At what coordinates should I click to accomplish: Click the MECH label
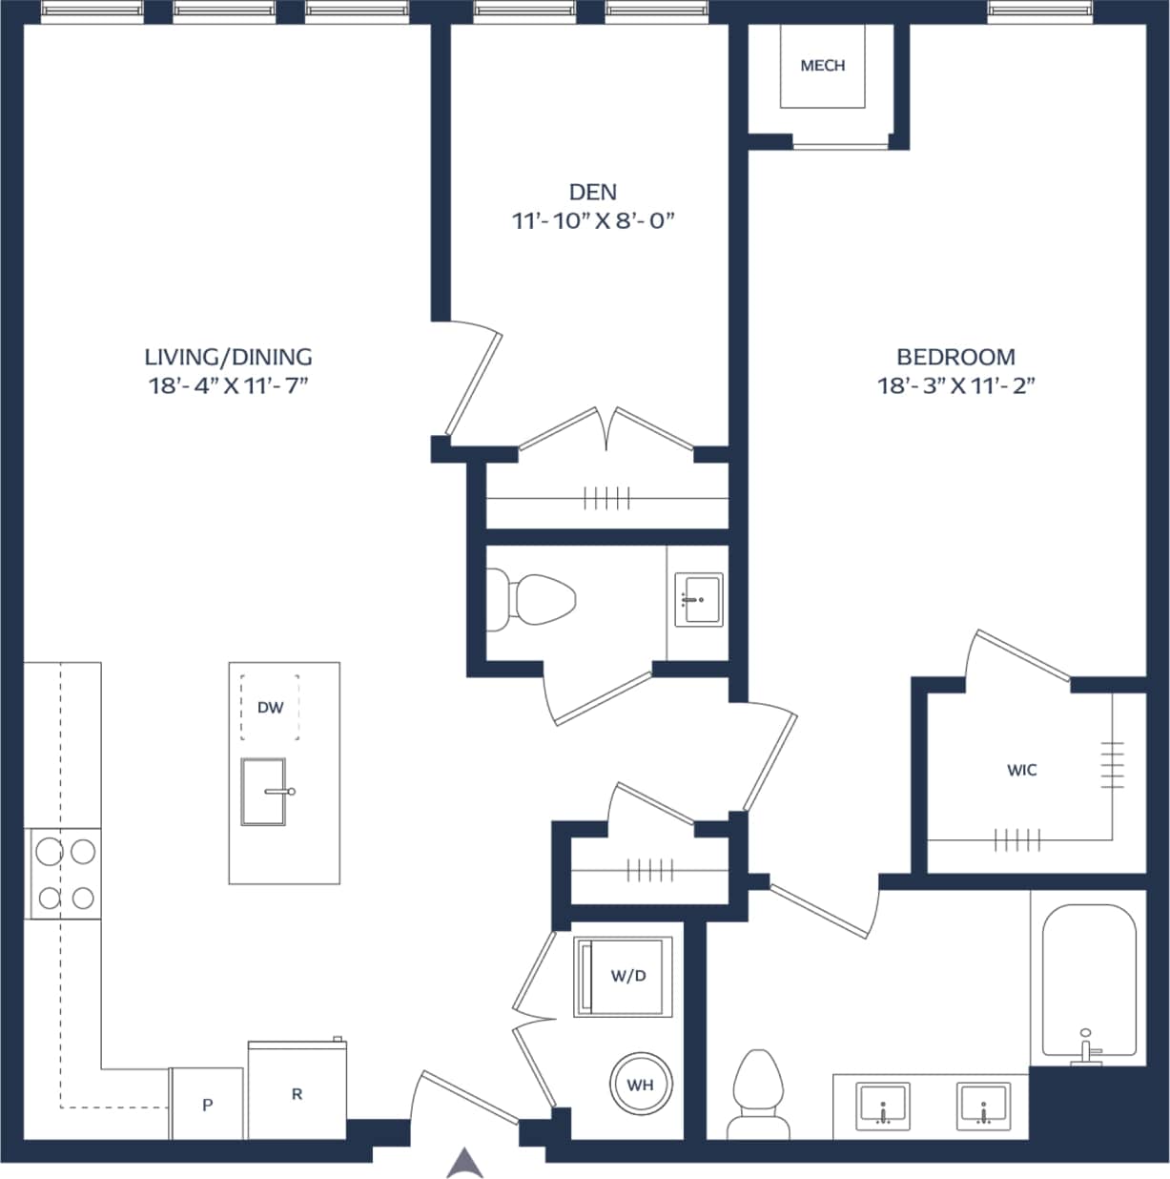coord(822,66)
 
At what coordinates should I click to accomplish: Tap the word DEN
coord(592,192)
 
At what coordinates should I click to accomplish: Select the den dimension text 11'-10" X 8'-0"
coord(592,221)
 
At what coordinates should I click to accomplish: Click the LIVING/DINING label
coord(228,357)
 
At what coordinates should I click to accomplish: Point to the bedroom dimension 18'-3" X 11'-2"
coord(955,385)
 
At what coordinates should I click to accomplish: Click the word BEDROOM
coord(955,357)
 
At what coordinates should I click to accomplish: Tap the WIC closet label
coord(1021,770)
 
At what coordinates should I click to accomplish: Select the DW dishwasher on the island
coord(270,707)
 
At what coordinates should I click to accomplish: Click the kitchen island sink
coord(264,792)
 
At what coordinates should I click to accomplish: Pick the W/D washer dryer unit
coord(625,976)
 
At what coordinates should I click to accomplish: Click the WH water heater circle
coord(640,1085)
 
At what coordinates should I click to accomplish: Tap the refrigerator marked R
coord(297,1093)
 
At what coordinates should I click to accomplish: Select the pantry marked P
coord(207,1105)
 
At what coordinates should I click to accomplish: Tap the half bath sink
coord(698,599)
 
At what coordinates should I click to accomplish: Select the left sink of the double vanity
coord(884,1106)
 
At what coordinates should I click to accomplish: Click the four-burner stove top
coord(64,874)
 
